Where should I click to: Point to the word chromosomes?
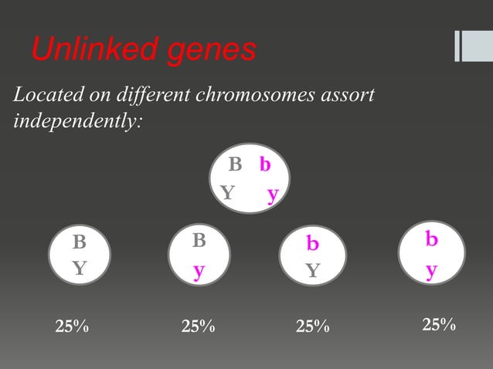pos(266,97)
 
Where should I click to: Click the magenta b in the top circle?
pos(265,164)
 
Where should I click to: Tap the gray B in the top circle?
pos(235,164)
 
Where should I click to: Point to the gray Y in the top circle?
pos(227,192)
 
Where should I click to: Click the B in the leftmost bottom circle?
pos(79,242)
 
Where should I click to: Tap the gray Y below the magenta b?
pos(312,270)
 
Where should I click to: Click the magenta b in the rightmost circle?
pos(431,240)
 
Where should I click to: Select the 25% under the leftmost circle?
pos(72,327)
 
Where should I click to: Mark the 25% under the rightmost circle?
pos(438,325)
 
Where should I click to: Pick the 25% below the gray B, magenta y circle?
pos(198,327)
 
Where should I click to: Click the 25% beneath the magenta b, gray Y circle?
pos(312,327)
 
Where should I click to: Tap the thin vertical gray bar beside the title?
pos(457,46)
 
